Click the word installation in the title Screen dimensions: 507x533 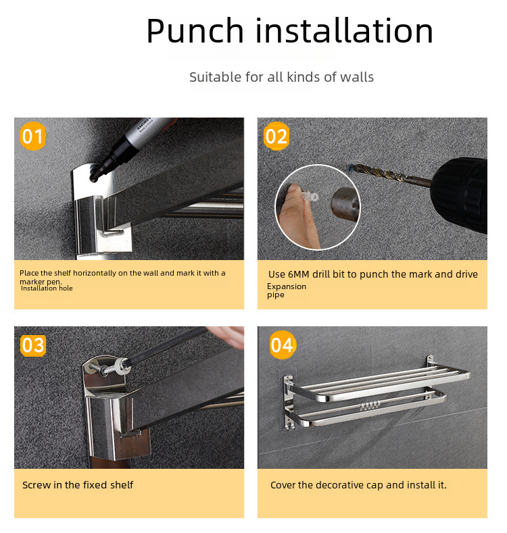point(344,30)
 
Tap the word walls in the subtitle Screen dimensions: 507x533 point(357,77)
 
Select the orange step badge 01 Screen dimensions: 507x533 point(32,136)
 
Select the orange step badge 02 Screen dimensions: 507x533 point(276,136)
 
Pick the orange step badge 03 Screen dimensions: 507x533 point(33,345)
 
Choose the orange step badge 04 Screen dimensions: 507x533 point(283,345)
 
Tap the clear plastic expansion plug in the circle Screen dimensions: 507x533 point(310,197)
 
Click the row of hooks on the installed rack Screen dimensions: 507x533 point(369,405)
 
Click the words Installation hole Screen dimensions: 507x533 point(47,288)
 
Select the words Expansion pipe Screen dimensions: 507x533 point(287,290)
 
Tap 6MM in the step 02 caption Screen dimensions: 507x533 point(299,274)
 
